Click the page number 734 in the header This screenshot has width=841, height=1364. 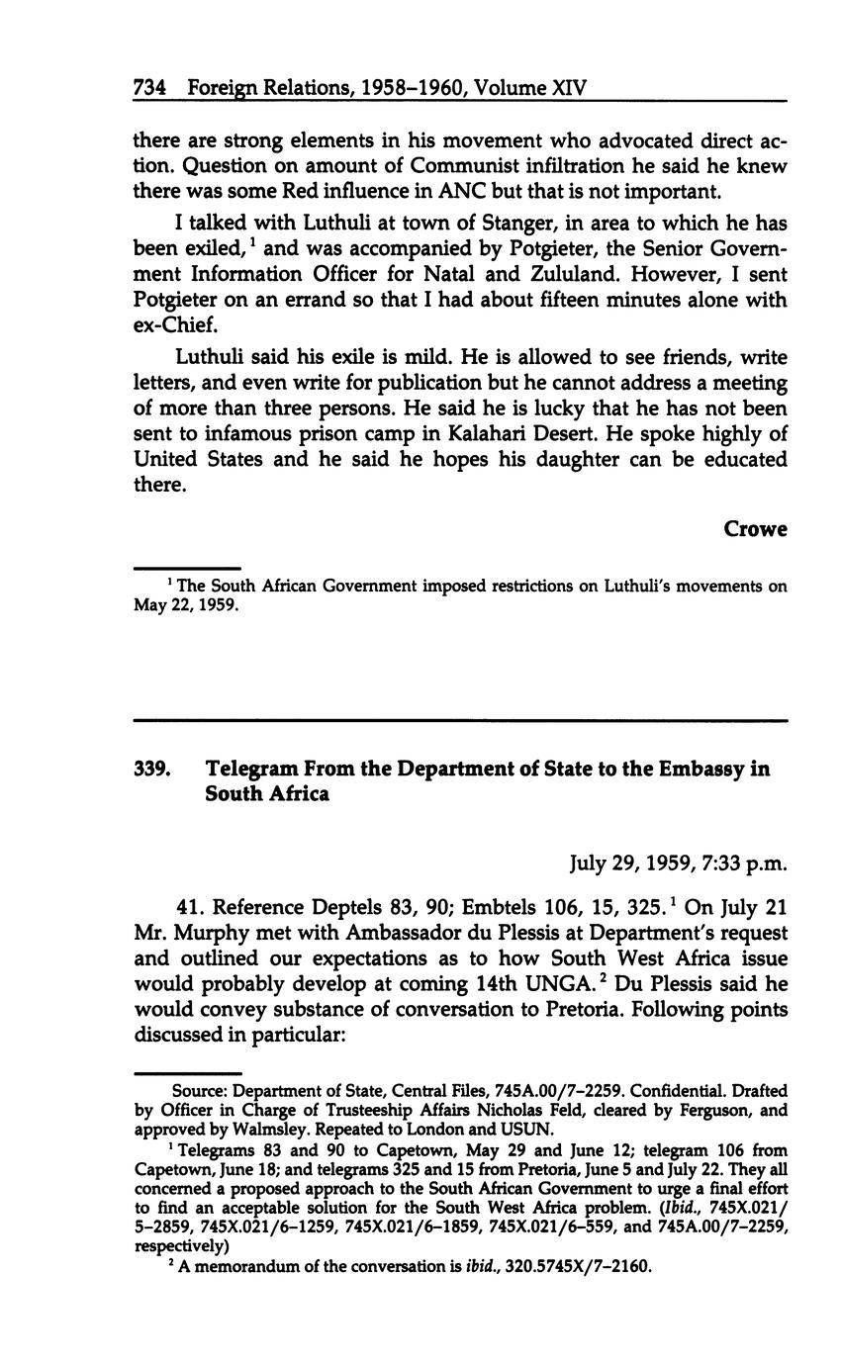[x=148, y=88]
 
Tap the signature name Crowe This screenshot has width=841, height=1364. [x=755, y=529]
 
